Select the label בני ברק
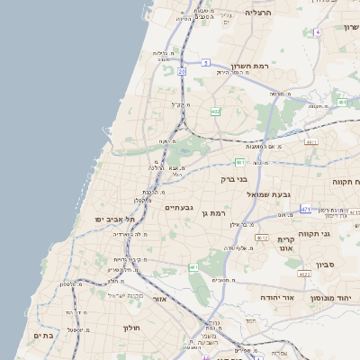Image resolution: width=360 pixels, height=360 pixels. [233, 179]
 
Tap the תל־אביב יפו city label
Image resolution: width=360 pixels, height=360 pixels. [114, 219]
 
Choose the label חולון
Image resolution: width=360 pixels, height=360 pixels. [131, 328]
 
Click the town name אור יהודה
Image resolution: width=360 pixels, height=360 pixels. [275, 296]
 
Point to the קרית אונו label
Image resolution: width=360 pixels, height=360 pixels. [286, 246]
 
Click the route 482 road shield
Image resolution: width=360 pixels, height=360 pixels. [215, 112]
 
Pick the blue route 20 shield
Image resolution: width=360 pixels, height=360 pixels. [182, 70]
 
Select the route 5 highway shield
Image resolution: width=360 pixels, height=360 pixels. [205, 62]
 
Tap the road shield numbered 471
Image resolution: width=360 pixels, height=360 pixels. [306, 209]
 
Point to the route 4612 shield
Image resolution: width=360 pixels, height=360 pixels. [262, 238]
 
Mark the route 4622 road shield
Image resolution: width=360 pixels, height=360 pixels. [304, 274]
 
